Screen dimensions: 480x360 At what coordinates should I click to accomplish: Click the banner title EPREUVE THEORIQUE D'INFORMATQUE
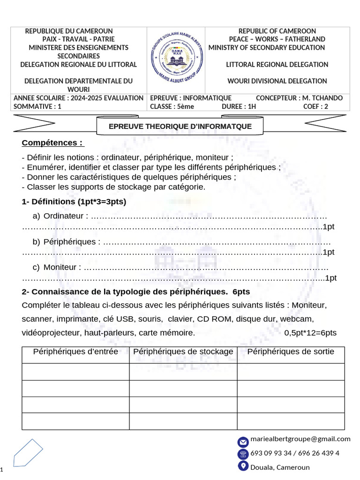click(180, 127)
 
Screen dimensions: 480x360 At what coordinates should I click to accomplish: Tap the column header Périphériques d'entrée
click(75, 352)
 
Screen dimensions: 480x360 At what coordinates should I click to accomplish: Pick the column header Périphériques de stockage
click(183, 352)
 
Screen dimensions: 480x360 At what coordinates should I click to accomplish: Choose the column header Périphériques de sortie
click(291, 352)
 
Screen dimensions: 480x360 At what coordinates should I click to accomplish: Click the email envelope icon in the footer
click(243, 442)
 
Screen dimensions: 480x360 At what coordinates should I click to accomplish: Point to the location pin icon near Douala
click(243, 466)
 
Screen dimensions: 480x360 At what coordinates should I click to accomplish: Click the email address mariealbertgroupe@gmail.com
click(300, 439)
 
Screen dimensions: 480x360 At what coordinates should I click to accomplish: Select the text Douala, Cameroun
click(280, 467)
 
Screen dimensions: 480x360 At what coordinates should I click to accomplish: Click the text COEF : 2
click(315, 106)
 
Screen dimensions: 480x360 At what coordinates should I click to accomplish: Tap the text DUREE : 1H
click(239, 106)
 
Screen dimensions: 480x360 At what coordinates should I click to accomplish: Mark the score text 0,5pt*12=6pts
click(310, 333)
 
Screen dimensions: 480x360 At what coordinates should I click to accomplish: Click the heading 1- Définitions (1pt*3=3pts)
click(74, 202)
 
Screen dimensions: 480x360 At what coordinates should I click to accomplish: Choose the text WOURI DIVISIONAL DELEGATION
click(277, 81)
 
